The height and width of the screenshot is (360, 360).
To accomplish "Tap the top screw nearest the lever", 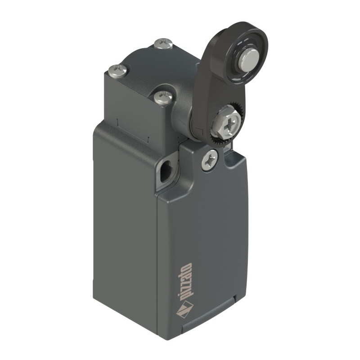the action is (163, 97).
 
